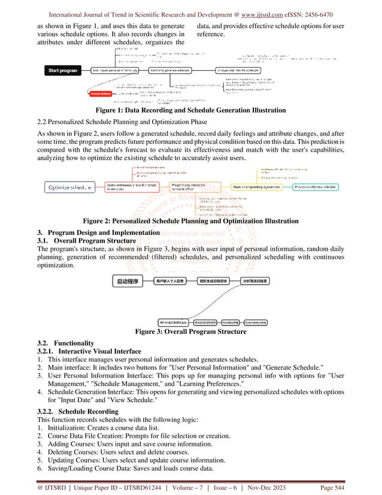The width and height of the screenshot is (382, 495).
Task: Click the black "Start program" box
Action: click(63, 71)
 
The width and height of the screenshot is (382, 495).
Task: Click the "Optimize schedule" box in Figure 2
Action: click(71, 188)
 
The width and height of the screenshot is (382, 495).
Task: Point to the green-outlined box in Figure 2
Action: click(315, 188)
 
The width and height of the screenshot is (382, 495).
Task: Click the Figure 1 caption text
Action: click(190, 110)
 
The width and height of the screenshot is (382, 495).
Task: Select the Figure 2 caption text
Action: click(190, 221)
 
